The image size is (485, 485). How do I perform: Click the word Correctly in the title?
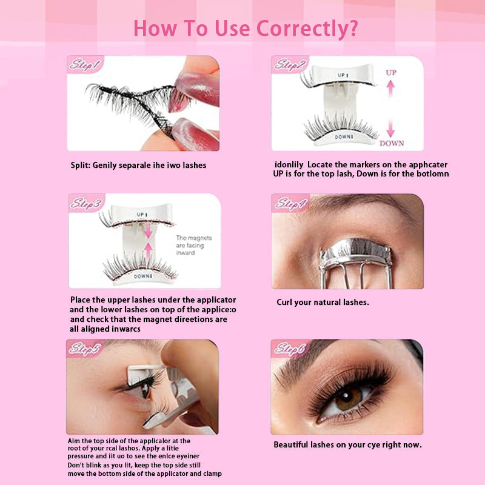tap(307, 28)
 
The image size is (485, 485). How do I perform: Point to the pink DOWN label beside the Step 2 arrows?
tap(392, 143)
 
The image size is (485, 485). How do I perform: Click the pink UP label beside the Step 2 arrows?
tap(392, 72)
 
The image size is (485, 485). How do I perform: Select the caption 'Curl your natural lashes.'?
tap(323, 302)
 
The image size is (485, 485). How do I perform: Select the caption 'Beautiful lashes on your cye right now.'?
tap(347, 444)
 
